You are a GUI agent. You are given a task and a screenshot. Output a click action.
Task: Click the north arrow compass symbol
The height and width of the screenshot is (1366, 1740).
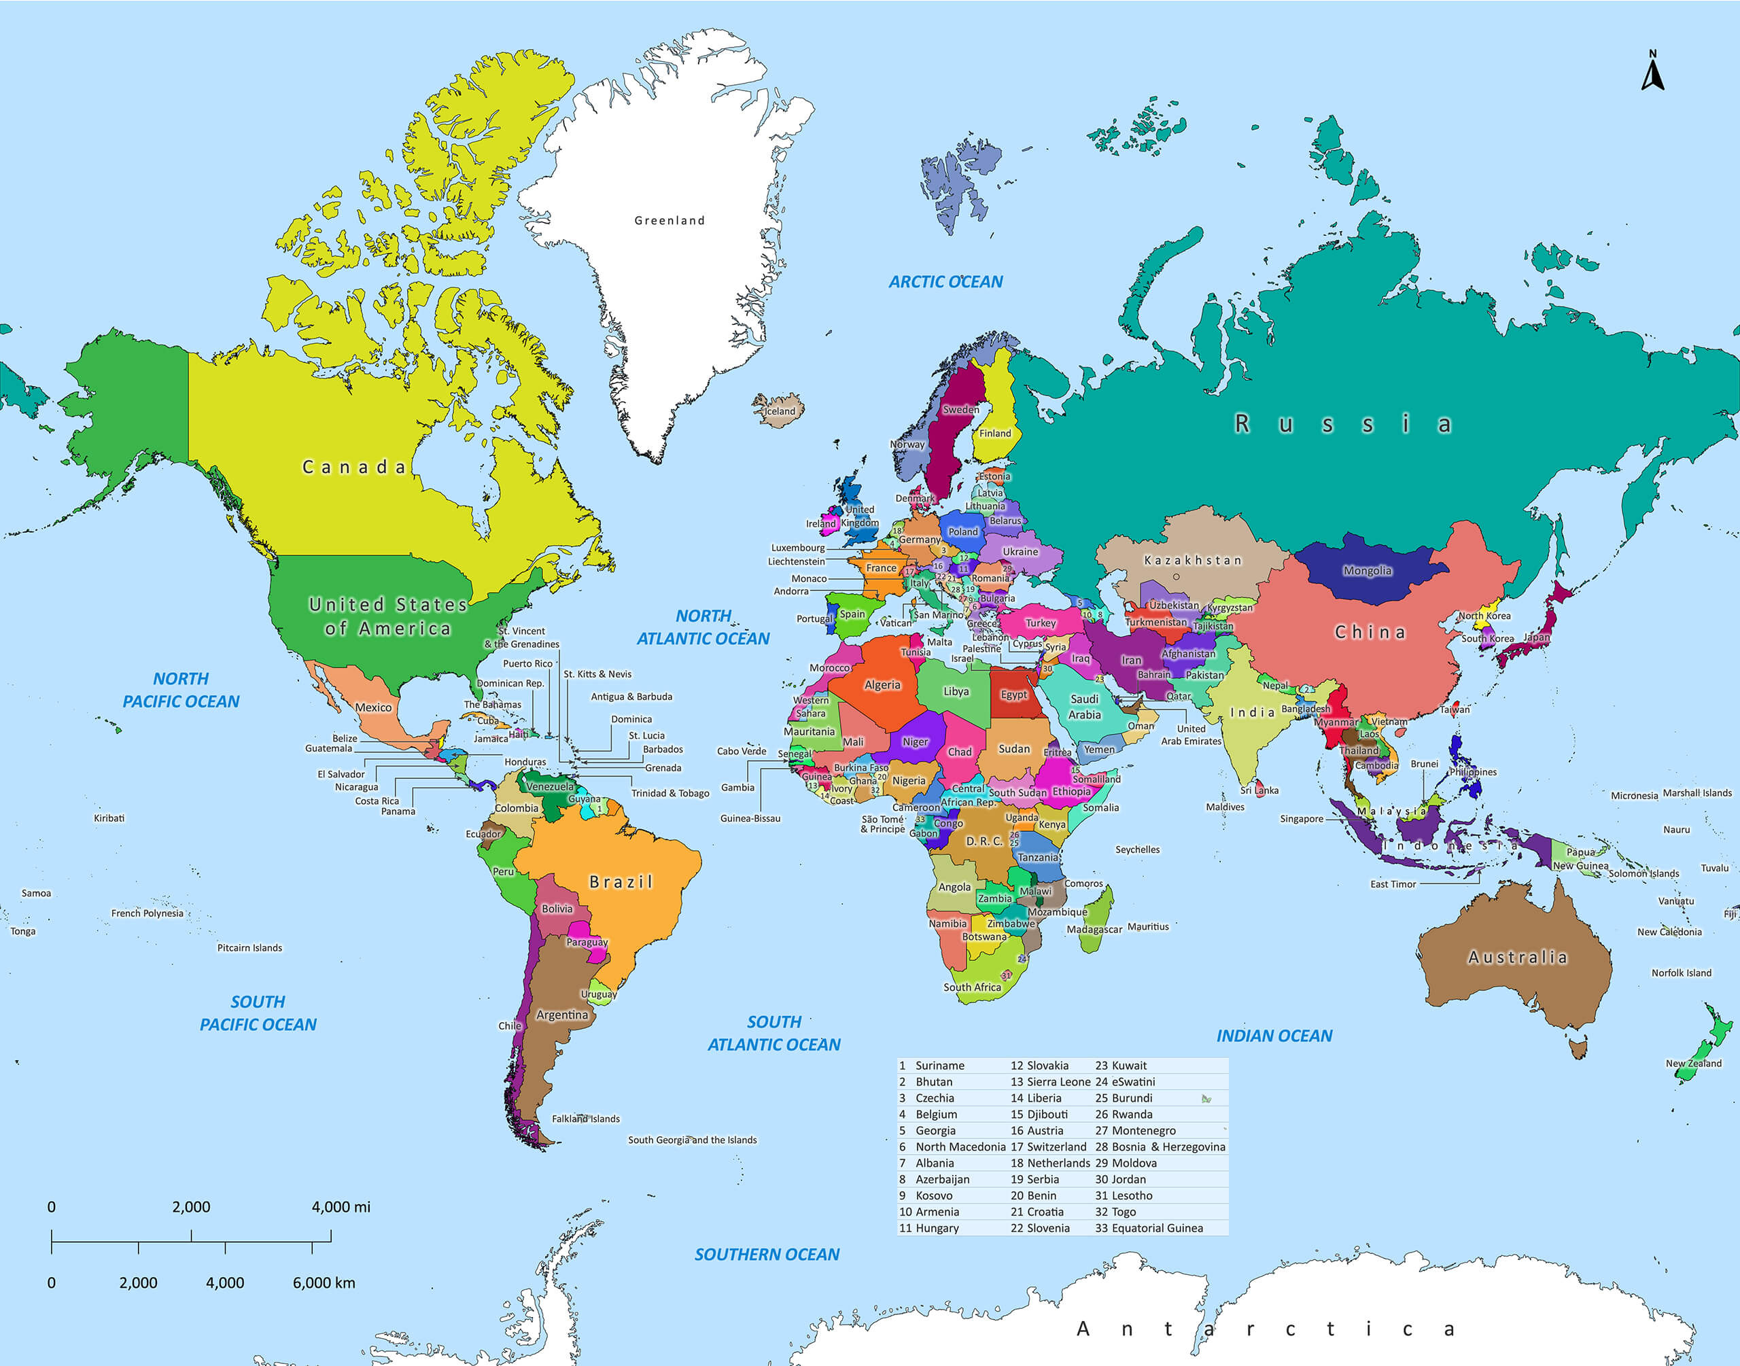[1652, 72]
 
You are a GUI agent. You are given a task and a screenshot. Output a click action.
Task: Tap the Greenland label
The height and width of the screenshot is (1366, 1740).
[669, 221]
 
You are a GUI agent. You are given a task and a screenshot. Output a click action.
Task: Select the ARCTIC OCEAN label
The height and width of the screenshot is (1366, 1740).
[945, 281]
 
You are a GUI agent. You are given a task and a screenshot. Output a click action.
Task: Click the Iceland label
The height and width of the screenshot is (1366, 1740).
[780, 411]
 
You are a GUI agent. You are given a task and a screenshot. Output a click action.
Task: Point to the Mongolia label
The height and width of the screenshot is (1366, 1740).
[1367, 570]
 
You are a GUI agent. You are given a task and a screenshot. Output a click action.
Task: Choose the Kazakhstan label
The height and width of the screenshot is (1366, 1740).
[1192, 560]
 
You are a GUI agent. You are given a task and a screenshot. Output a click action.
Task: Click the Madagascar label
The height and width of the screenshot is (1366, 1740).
[1094, 929]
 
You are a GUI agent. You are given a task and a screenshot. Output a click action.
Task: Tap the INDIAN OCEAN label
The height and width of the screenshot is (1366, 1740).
[1274, 1036]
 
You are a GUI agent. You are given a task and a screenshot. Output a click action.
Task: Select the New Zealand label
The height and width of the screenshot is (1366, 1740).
[1693, 1063]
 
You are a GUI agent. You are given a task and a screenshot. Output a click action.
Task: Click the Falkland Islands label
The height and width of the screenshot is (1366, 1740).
[585, 1119]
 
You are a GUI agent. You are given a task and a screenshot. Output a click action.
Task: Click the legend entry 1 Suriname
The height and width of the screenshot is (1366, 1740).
[933, 1066]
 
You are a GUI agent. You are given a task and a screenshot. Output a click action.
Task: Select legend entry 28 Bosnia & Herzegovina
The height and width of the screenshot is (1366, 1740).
[1160, 1147]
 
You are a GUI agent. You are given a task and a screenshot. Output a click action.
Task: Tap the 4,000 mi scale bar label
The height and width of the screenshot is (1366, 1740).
[341, 1207]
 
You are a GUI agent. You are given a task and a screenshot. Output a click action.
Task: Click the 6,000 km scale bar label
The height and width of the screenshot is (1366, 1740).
[323, 1283]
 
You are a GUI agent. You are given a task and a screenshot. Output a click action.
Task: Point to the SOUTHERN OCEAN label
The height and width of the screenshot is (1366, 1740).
[766, 1254]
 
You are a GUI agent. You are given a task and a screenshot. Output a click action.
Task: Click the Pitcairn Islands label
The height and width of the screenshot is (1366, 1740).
[249, 948]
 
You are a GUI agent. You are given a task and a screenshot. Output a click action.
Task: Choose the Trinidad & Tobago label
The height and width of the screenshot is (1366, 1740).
[670, 793]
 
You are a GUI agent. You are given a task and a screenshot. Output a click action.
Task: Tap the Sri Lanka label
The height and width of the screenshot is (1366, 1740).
[1259, 790]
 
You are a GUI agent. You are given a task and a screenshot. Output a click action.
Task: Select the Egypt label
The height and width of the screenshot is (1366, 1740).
[1013, 694]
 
